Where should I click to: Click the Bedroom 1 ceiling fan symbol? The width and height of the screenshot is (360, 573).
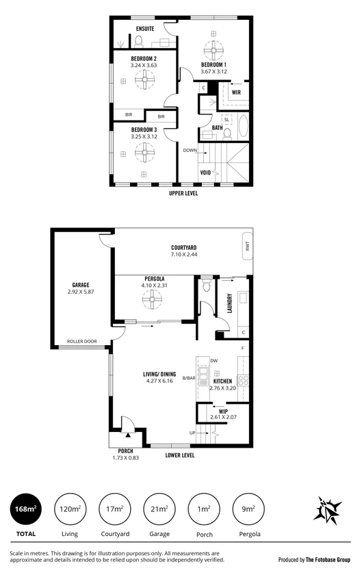coord(214,50)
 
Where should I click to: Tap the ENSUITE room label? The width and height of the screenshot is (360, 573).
coord(144,29)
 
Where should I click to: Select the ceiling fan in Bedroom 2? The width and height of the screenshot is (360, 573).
coord(144,80)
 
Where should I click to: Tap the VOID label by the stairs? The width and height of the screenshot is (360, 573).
coord(205,173)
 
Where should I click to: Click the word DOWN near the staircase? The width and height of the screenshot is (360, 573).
coord(190,150)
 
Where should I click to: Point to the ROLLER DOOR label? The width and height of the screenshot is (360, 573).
coord(82,342)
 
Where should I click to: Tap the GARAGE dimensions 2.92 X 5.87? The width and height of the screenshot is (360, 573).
coord(81,292)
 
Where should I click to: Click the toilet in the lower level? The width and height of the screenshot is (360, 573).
coord(205,288)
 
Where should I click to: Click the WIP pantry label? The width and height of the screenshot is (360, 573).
coord(223,411)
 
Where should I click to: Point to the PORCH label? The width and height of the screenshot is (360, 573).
coord(125,450)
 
